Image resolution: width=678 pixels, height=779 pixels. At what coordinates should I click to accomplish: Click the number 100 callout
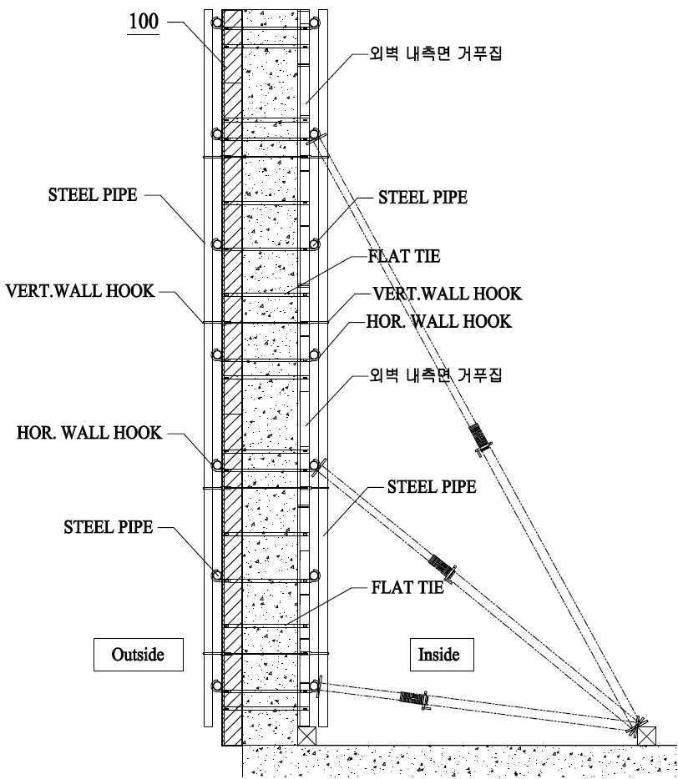click(x=144, y=22)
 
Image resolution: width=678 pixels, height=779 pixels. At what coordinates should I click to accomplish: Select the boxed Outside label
click(x=139, y=654)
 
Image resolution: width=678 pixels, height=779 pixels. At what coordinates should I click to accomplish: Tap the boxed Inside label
click(x=438, y=654)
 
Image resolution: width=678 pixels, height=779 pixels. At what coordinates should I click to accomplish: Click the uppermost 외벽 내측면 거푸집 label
click(x=435, y=53)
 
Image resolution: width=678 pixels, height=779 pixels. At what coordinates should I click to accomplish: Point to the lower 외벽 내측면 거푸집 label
click(x=435, y=374)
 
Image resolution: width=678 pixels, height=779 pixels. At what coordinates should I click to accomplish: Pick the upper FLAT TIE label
click(x=404, y=256)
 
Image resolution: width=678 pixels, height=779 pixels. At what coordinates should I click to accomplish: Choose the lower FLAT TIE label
click(x=407, y=588)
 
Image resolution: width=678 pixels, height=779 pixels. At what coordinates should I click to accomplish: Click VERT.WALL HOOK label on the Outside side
click(x=80, y=290)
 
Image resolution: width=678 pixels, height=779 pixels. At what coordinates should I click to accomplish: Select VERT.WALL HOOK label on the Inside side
click(x=448, y=294)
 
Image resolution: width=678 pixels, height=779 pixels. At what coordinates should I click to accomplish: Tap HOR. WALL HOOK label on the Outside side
click(x=89, y=432)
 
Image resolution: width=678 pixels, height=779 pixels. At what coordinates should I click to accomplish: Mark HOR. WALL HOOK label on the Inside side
click(x=438, y=321)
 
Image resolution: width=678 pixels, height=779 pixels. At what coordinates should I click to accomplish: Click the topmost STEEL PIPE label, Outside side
click(x=93, y=195)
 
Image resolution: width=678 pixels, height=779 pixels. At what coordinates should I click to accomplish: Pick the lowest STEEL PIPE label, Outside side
click(x=108, y=526)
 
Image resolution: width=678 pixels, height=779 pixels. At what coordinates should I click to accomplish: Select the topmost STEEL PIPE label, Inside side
click(x=422, y=197)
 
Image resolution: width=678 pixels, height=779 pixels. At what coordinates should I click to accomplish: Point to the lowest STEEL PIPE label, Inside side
click(x=432, y=486)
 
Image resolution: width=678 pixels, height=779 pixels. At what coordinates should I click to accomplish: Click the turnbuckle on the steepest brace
click(x=480, y=438)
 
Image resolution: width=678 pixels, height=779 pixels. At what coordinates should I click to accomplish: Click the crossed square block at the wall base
click(x=307, y=736)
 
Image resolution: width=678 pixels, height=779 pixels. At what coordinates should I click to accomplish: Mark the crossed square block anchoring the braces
click(x=646, y=736)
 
